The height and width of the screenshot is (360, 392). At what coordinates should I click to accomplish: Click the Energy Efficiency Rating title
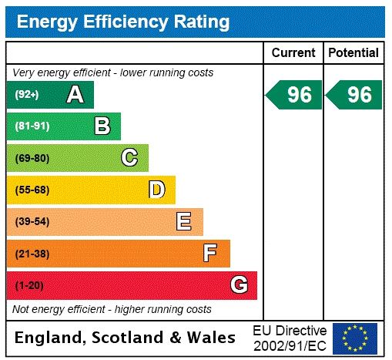point(122,22)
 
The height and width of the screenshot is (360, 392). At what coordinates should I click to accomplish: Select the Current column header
point(293,53)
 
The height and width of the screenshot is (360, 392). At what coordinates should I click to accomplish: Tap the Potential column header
point(353,53)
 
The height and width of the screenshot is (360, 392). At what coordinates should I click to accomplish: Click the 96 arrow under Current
point(295,95)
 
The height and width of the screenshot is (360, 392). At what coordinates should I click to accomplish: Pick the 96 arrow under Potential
point(354,95)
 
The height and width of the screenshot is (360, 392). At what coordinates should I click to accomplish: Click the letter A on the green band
point(75,95)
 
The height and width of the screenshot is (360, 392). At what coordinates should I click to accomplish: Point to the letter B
point(102,126)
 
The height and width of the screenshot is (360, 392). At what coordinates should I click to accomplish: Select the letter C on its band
point(129,158)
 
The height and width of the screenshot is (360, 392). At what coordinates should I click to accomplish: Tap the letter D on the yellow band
point(157,190)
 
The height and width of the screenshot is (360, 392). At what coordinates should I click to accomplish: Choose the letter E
point(184,222)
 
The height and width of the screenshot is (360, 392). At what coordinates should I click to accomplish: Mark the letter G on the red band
point(239,285)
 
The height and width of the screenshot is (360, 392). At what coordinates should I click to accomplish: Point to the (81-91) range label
point(32,126)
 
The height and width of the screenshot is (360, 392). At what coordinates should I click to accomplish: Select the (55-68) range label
point(32,190)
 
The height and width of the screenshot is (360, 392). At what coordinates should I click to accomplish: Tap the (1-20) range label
point(29,285)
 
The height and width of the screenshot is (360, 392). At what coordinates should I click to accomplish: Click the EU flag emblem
point(355,338)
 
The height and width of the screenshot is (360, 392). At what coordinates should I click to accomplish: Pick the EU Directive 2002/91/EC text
point(290,337)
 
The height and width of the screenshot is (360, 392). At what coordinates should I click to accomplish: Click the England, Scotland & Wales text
point(126,338)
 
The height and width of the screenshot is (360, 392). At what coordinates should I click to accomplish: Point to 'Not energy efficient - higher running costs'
point(112,309)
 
